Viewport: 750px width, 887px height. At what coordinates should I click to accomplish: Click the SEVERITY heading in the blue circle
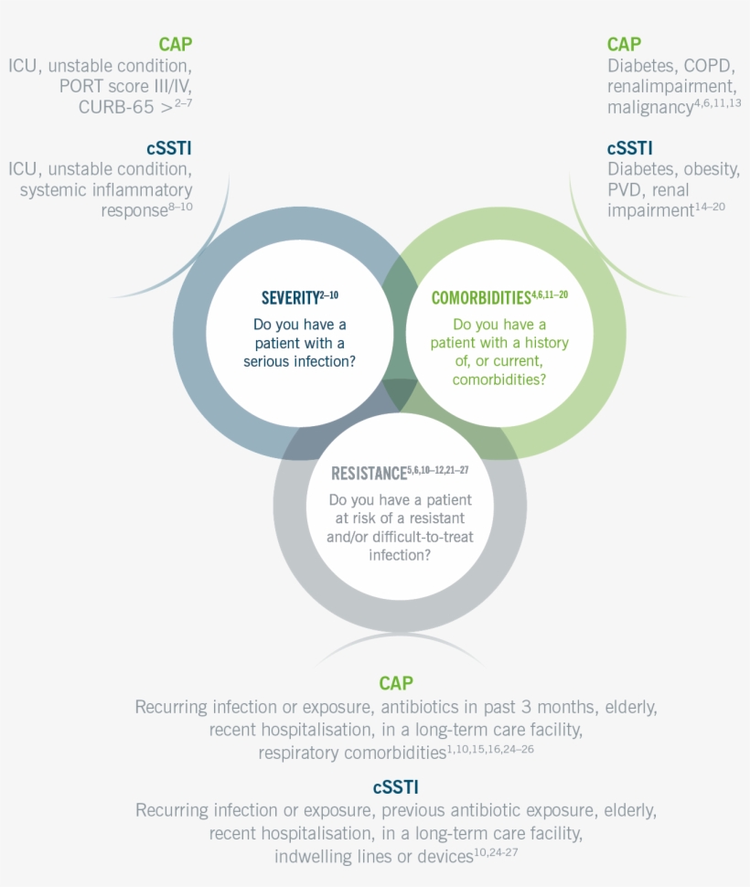coord(290,297)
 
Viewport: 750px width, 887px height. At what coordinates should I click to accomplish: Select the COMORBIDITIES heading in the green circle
coord(481,297)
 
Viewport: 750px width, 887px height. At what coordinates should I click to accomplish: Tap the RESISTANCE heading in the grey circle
coord(369,473)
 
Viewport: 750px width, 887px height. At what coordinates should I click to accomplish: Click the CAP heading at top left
coord(176,44)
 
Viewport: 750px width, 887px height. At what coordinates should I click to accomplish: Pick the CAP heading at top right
coord(624,44)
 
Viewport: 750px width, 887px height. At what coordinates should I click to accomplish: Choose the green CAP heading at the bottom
coord(396,683)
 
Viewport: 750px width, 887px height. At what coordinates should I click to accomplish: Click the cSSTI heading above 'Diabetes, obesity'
coord(629,148)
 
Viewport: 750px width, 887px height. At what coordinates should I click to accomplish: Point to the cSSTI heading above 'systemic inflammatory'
coord(169,148)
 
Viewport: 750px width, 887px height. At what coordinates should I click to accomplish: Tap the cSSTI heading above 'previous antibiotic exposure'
coord(396,787)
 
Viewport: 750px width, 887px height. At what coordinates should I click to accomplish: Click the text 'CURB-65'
coord(116,107)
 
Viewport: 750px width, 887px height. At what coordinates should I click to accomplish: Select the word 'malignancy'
coord(650,108)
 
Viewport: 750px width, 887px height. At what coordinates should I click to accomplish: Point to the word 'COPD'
coord(709,66)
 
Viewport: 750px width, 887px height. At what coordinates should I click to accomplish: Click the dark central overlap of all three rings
coord(400,392)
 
